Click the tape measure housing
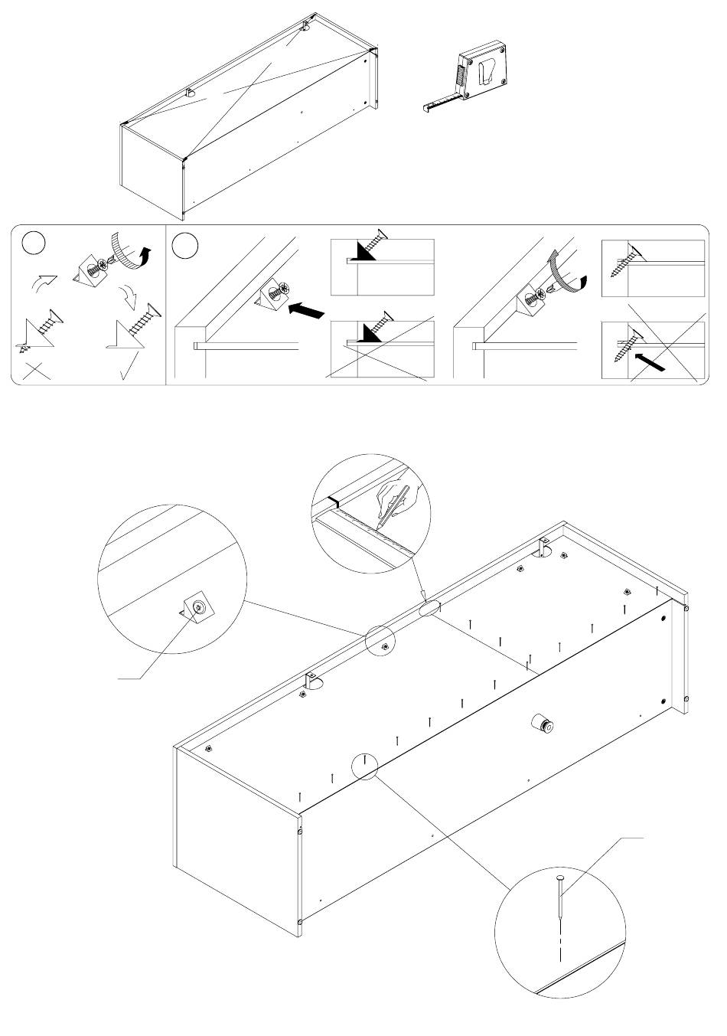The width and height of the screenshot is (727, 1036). pyautogui.click(x=482, y=72)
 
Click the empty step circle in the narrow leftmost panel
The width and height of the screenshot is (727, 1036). pyautogui.click(x=34, y=244)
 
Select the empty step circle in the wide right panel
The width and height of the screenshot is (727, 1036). pyautogui.click(x=184, y=244)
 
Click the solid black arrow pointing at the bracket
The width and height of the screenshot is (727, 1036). pyautogui.click(x=305, y=312)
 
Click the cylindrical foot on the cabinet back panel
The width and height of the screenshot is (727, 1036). pyautogui.click(x=543, y=723)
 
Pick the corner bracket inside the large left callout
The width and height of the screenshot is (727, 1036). pyautogui.click(x=199, y=607)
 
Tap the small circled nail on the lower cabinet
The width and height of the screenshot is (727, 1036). pyautogui.click(x=366, y=763)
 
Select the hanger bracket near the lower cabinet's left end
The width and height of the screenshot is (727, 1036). pyautogui.click(x=311, y=680)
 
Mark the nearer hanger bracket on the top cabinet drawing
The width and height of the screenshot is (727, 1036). pyautogui.click(x=190, y=93)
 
